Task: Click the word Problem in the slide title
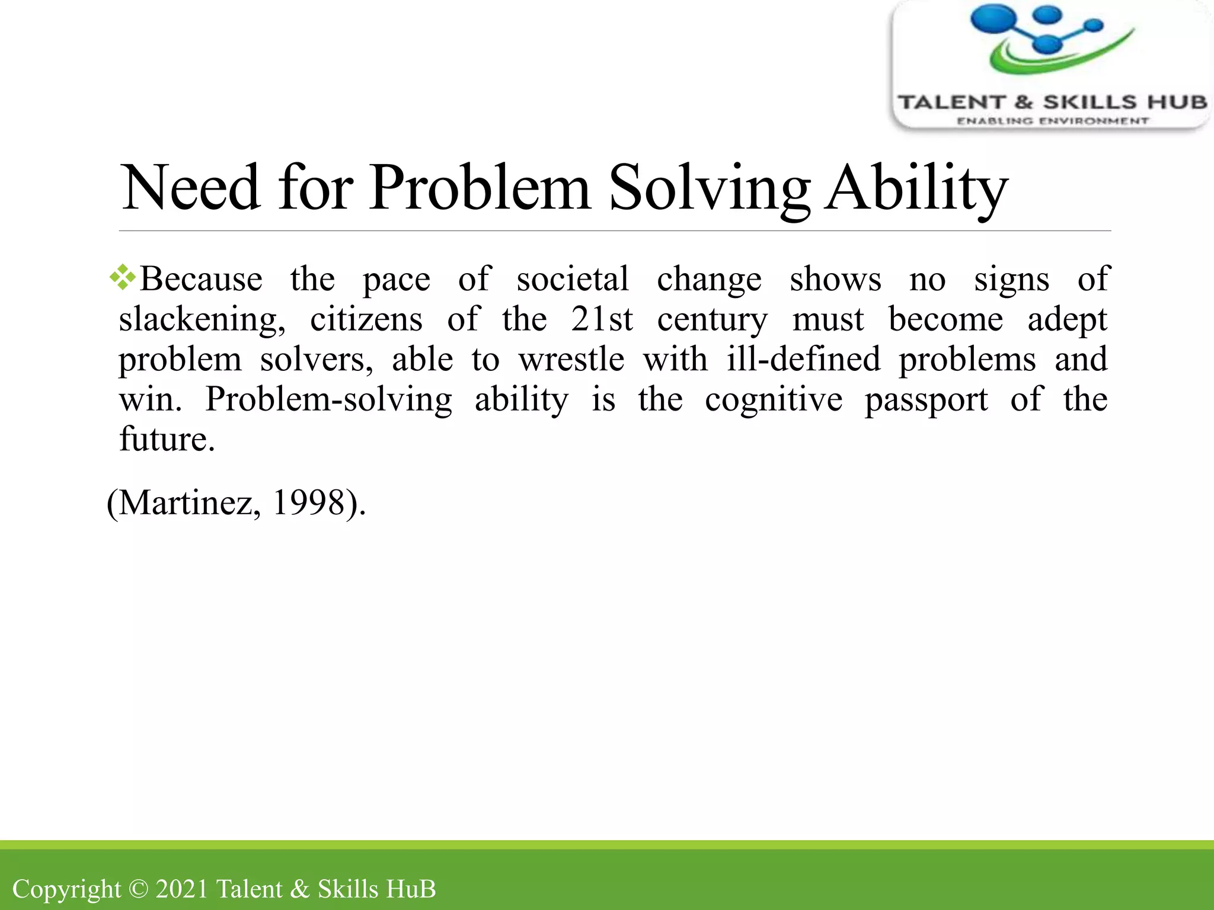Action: coord(480,188)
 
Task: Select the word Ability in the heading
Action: coord(916,188)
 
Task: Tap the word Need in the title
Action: coord(190,188)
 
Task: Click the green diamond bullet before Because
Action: coord(123,277)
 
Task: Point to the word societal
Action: coord(572,279)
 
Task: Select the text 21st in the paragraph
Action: coord(602,319)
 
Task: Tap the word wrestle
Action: coord(571,359)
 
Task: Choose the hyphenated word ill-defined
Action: coord(803,359)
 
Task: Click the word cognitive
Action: coord(773,399)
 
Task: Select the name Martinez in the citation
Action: coord(187,503)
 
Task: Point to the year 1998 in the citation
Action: coord(309,503)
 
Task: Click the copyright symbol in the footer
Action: coord(138,889)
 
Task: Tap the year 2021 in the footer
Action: coord(182,889)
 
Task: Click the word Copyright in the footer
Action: coord(66,889)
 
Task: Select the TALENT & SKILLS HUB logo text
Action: coord(1052,102)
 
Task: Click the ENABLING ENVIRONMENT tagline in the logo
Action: coord(1052,121)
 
